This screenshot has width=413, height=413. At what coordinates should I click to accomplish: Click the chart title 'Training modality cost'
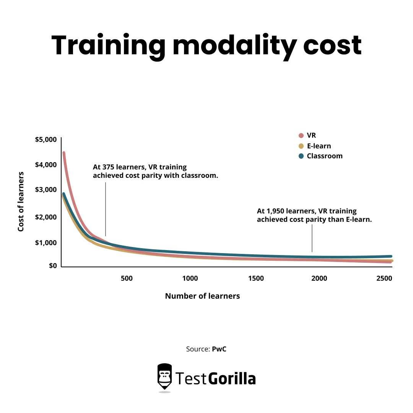click(x=206, y=46)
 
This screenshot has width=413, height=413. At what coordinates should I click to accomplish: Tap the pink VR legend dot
click(x=301, y=135)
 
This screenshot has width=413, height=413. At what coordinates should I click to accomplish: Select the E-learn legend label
click(x=319, y=146)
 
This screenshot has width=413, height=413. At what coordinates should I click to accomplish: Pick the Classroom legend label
click(x=325, y=156)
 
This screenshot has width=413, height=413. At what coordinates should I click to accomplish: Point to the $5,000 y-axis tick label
click(x=46, y=140)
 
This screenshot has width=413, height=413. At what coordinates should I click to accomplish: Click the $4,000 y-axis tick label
click(x=46, y=165)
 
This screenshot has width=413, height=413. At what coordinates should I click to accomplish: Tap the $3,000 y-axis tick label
click(x=46, y=190)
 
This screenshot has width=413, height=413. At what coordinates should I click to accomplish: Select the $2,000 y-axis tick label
click(x=46, y=217)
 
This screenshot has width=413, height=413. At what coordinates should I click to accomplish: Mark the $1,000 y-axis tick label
click(x=46, y=242)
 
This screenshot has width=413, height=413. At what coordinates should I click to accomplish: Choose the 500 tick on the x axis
click(x=127, y=278)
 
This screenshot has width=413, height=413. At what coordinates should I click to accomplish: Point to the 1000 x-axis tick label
click(x=190, y=278)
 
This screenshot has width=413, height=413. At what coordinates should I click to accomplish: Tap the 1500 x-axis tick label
click(x=256, y=278)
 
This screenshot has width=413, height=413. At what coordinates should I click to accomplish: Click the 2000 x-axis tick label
click(x=319, y=278)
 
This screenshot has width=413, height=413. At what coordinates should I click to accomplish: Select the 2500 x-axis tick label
click(x=384, y=278)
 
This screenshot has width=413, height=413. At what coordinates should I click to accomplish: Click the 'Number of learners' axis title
click(x=202, y=296)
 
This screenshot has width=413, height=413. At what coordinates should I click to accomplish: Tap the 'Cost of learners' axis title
click(x=21, y=201)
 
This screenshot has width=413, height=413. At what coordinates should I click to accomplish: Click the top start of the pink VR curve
click(x=64, y=153)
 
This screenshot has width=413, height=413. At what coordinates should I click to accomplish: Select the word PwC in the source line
click(x=219, y=349)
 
